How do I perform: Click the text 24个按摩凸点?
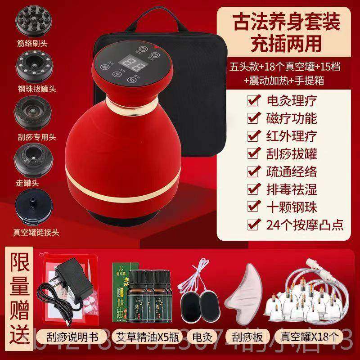297,224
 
